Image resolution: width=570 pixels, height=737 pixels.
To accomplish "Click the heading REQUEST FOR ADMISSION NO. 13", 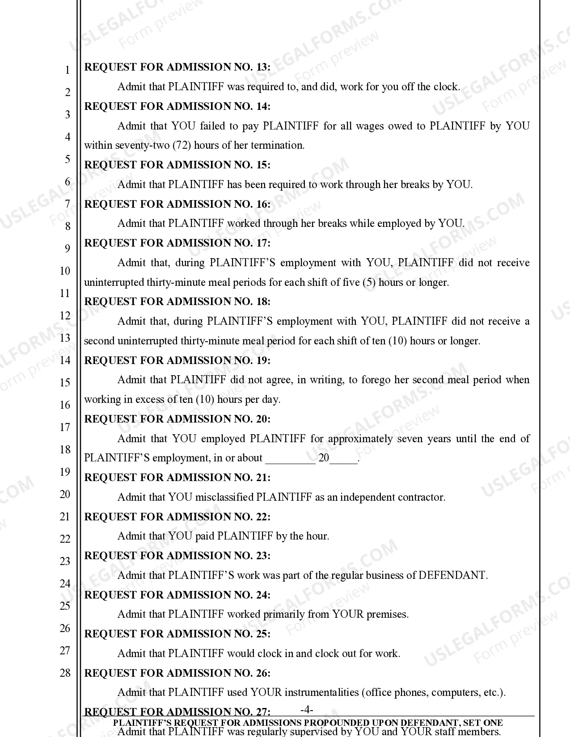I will pyautogui.click(x=177, y=67).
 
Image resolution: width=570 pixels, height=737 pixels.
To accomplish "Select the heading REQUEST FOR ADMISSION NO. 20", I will pyautogui.click(x=177, y=419).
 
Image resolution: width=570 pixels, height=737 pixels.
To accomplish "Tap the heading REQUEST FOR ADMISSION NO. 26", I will pyautogui.click(x=177, y=673).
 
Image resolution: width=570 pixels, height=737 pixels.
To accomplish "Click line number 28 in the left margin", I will pyautogui.click(x=65, y=673).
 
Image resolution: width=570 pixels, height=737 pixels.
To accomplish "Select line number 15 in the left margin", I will pyautogui.click(x=65, y=382).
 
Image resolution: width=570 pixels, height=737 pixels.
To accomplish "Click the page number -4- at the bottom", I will pyautogui.click(x=307, y=710).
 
